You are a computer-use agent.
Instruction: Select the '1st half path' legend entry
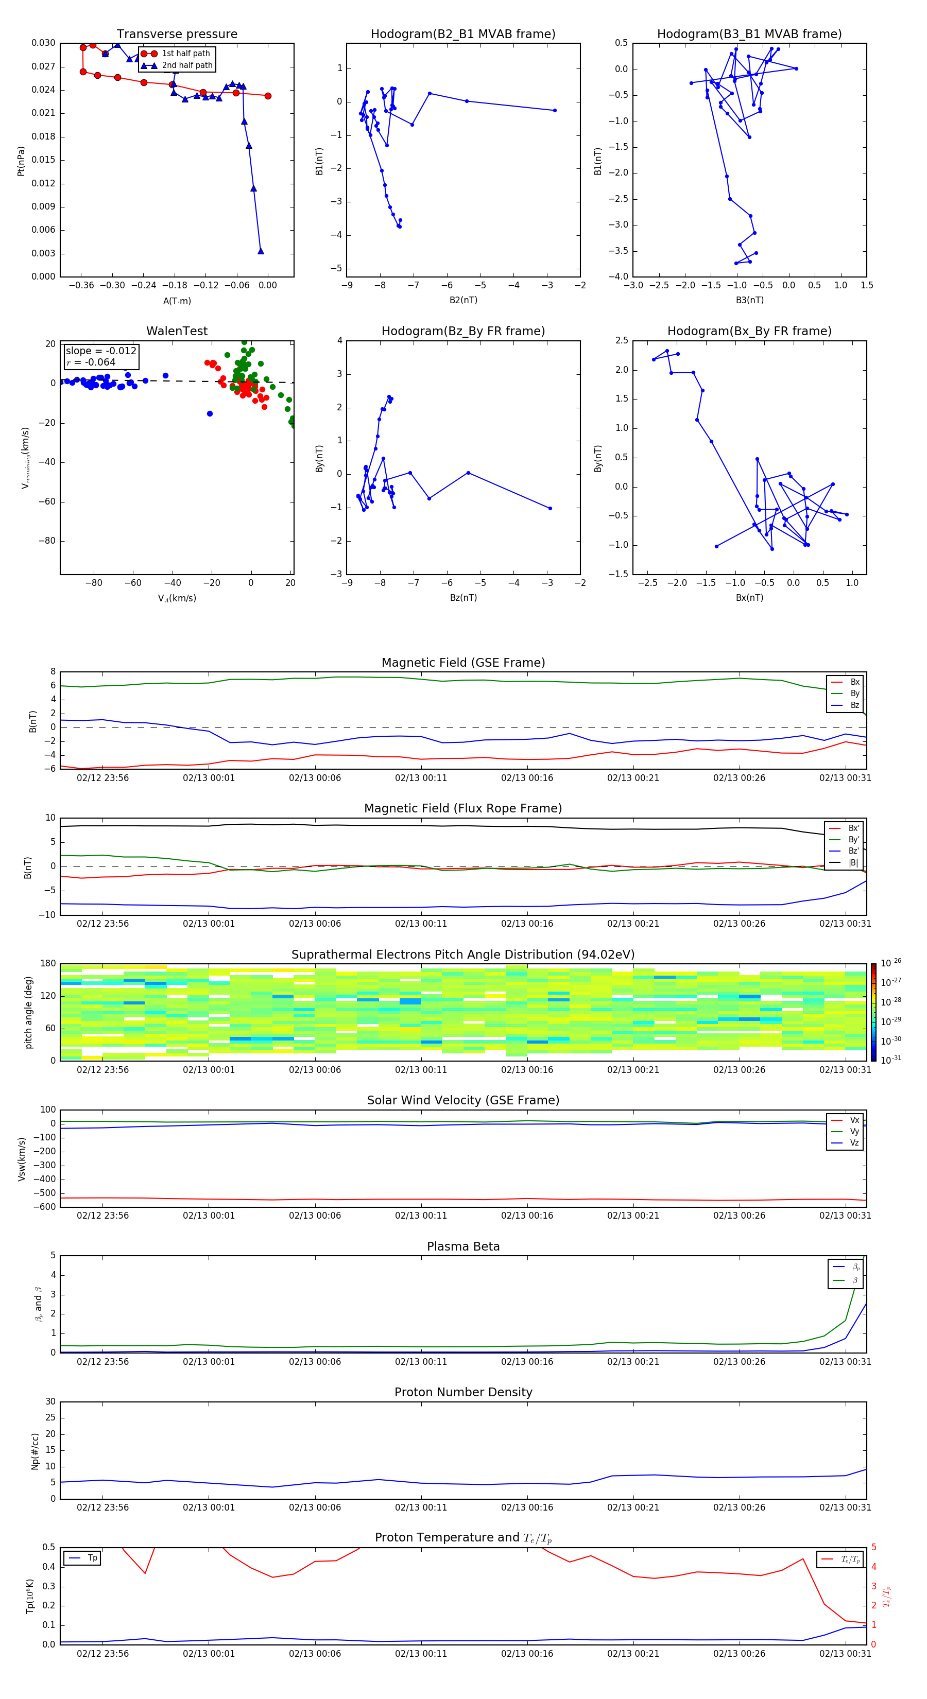[x=185, y=54]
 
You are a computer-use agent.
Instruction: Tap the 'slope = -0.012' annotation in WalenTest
[x=101, y=351]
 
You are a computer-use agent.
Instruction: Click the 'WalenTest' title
[x=177, y=331]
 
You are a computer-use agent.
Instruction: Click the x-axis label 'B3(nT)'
[x=749, y=300]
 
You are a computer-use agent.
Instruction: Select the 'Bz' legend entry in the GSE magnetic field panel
[x=854, y=705]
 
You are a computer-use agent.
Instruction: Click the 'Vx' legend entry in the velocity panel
[x=854, y=1120]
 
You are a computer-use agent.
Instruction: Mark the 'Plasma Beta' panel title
[x=463, y=1246]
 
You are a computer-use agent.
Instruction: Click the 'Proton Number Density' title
[x=463, y=1392]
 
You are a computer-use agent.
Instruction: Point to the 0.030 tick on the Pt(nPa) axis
[x=44, y=43]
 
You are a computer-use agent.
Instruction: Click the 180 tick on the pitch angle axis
[x=48, y=964]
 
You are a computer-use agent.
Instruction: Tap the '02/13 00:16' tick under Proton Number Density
[x=527, y=1507]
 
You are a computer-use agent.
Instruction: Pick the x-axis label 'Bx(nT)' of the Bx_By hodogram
[x=749, y=598]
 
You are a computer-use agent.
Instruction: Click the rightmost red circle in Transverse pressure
[x=268, y=96]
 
